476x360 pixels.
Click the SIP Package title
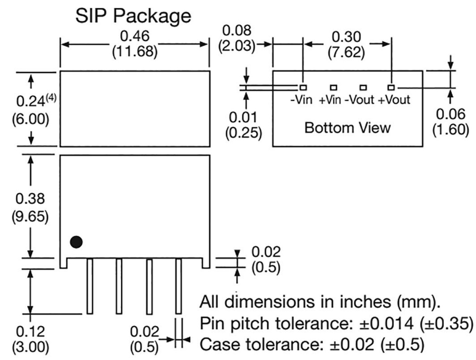133,16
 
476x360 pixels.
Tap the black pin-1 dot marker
76,242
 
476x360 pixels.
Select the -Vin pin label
301,100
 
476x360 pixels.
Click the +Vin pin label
331,100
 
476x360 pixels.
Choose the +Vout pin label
394,100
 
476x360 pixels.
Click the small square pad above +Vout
391,87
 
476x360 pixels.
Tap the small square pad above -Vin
303,87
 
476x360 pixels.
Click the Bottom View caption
347,127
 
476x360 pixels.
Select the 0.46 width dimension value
135,35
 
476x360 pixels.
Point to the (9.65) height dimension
30,216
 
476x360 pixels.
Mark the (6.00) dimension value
30,119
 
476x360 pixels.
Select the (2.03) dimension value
237,46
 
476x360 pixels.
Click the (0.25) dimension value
244,132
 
